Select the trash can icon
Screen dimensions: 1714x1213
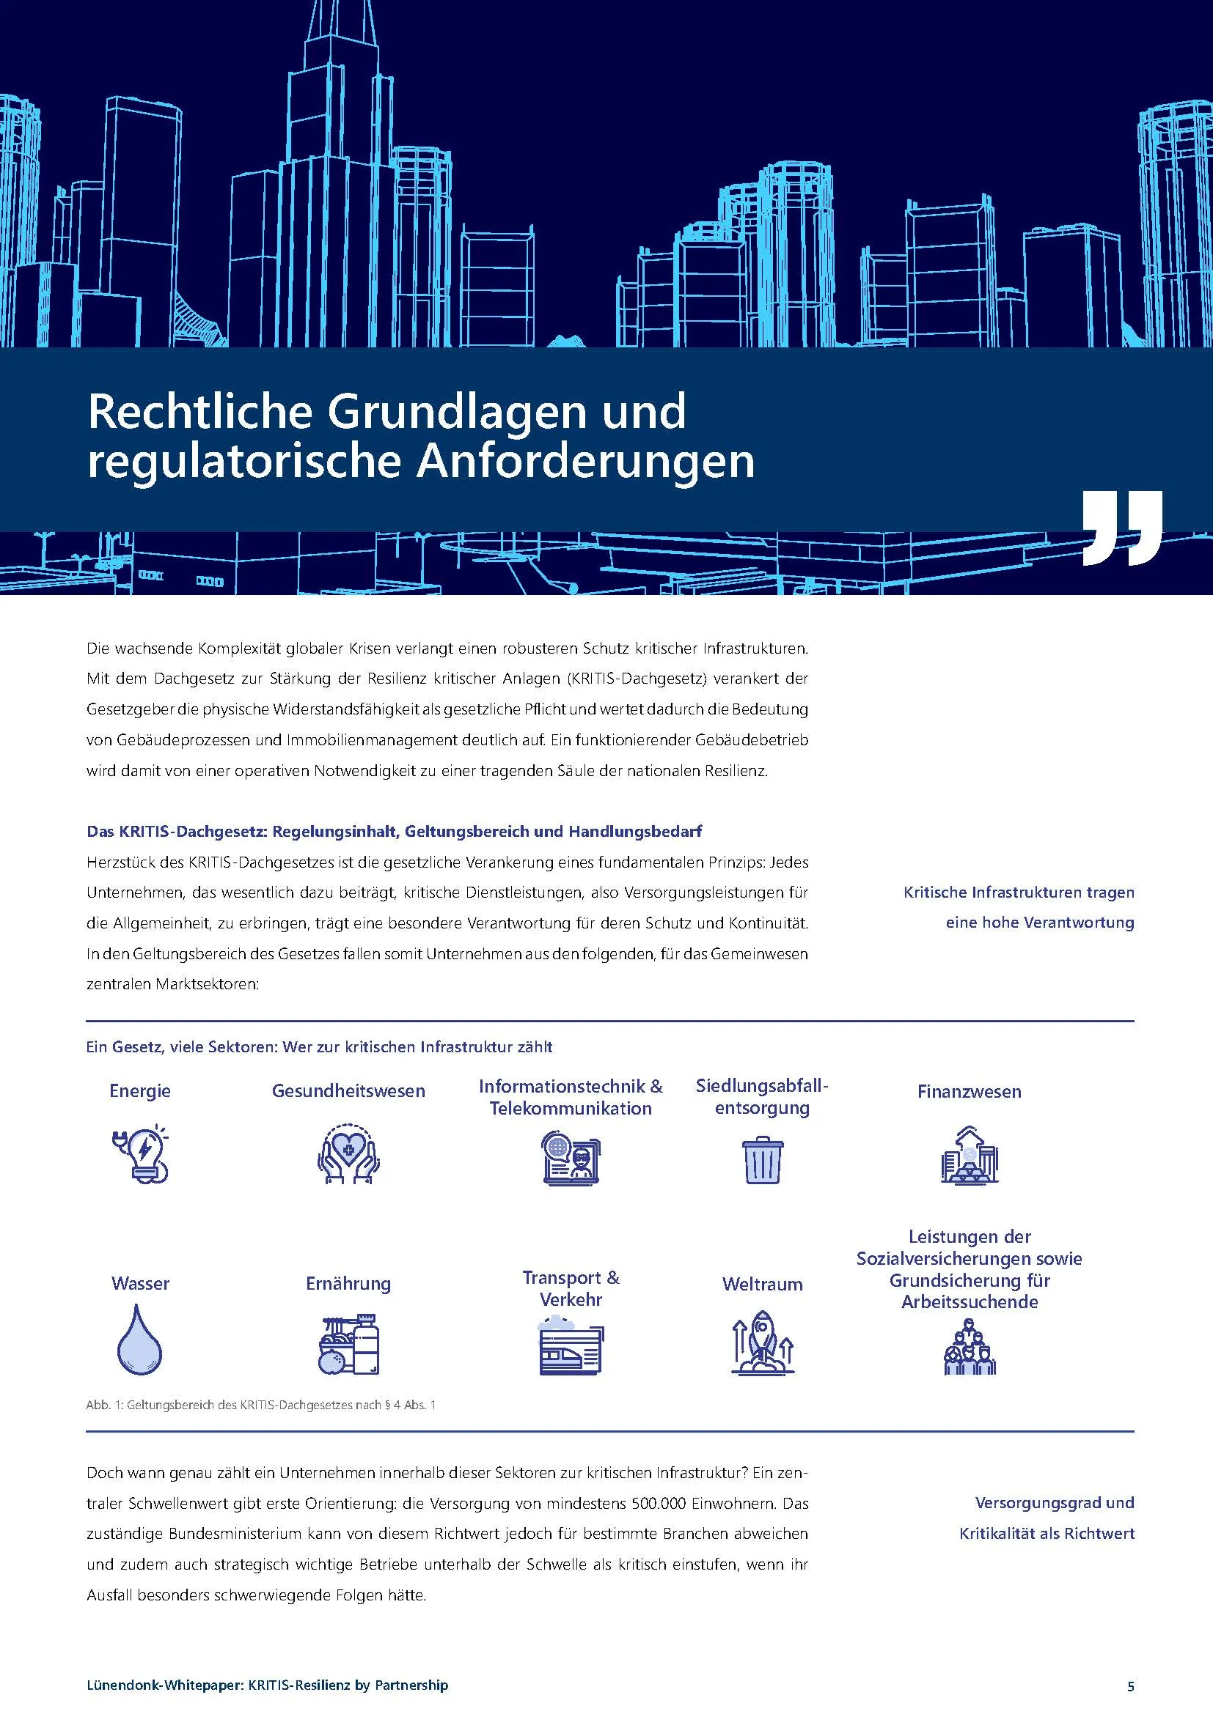pos(762,1160)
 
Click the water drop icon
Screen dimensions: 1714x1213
pos(139,1340)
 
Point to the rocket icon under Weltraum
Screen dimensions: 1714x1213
pos(761,1343)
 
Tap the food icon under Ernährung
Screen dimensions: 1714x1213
pos(348,1344)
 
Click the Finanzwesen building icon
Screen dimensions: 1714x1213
pos(969,1156)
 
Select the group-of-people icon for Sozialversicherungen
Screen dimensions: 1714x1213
pos(969,1348)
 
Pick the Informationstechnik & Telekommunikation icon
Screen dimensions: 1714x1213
pos(571,1158)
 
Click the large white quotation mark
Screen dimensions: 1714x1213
pos(1121,528)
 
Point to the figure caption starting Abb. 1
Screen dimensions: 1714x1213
pos(260,1405)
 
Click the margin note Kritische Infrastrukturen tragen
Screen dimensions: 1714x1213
pos(1019,893)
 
